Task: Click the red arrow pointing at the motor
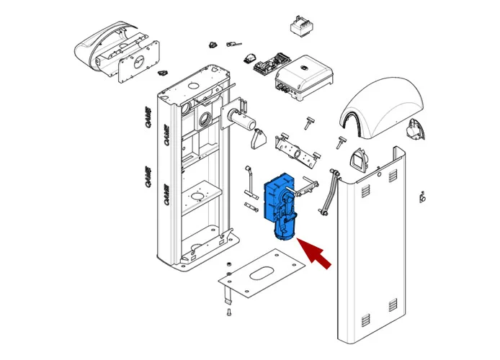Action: pos(316,256)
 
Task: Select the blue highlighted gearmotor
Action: pos(282,205)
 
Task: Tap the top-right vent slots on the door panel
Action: pos(393,176)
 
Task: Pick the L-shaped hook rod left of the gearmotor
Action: pos(249,179)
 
